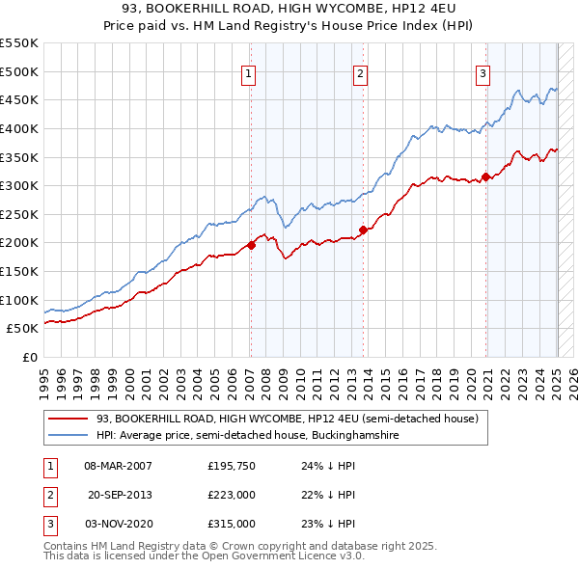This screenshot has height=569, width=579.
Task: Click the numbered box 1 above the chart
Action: (x=249, y=73)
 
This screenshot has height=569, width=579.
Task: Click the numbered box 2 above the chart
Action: (x=360, y=73)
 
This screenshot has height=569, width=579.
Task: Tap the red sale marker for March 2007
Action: (x=251, y=245)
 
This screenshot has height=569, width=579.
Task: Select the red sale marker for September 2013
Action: (x=363, y=230)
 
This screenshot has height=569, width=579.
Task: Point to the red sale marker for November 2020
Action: (x=486, y=176)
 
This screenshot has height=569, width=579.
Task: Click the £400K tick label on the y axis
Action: (x=18, y=128)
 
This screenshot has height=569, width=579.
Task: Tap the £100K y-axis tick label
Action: (x=18, y=300)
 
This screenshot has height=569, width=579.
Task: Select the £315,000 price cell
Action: (x=232, y=524)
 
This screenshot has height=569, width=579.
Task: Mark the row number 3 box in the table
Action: (x=49, y=524)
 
